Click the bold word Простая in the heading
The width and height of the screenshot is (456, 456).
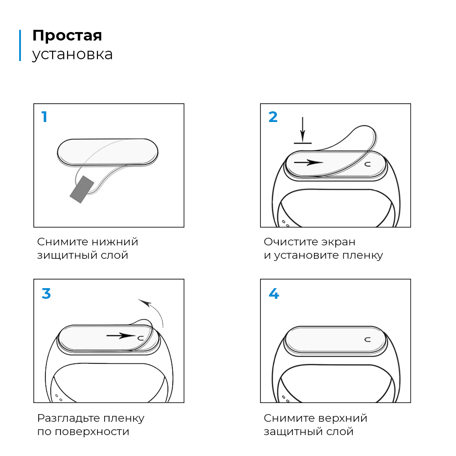[67, 36]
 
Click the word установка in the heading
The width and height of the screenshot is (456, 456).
[73, 55]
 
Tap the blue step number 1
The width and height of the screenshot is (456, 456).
[44, 117]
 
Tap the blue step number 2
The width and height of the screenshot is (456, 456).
[273, 117]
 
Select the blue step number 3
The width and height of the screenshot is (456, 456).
[46, 293]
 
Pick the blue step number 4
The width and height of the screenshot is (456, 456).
[274, 293]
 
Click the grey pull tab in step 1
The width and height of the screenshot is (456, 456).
[82, 189]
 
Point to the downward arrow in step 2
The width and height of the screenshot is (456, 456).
[303, 130]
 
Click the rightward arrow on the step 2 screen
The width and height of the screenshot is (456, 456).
[308, 162]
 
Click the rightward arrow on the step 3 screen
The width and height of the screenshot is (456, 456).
[121, 336]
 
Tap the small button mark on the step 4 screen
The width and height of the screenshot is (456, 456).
[367, 339]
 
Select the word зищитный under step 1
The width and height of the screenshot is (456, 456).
[67, 255]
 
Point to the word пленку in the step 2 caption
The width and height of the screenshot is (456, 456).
[362, 255]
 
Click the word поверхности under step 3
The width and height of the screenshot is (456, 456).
[92, 432]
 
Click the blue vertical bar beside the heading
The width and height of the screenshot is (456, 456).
[20, 45]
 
